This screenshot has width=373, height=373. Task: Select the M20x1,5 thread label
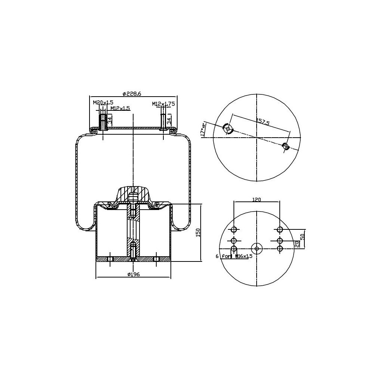(x=103, y=102)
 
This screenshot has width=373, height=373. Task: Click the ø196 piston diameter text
(x=133, y=275)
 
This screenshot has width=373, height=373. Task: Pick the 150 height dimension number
(x=198, y=233)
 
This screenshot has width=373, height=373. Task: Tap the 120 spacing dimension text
(x=256, y=200)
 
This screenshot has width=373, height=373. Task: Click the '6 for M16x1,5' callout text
(x=234, y=256)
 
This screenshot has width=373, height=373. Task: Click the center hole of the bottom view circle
(x=257, y=248)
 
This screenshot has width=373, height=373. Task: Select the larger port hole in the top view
(x=228, y=129)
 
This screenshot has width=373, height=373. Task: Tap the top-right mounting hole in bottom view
(x=280, y=230)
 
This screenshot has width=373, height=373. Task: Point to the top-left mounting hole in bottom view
(x=234, y=230)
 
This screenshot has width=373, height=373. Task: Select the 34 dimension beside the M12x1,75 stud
(x=169, y=120)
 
